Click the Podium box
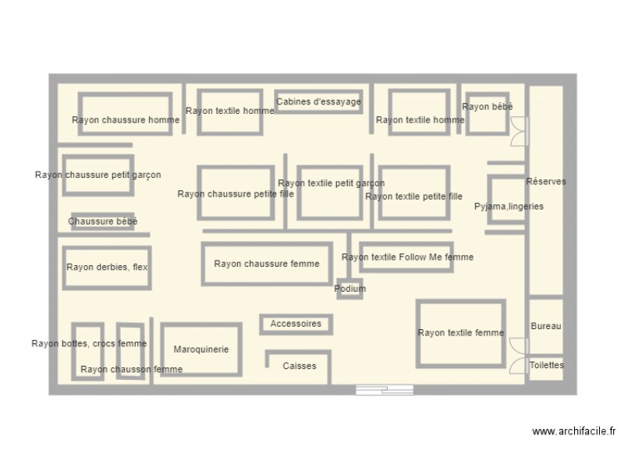(x=350, y=289)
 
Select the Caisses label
(x=300, y=366)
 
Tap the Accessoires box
(x=296, y=324)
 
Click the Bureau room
(x=546, y=326)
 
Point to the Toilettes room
(x=546, y=365)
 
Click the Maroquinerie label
(x=201, y=349)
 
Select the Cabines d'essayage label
(x=319, y=101)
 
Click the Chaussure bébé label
(x=103, y=222)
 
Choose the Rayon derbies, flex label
(x=107, y=267)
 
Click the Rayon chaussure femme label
(x=267, y=264)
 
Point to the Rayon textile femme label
(x=461, y=333)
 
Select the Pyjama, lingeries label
(x=509, y=207)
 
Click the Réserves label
(x=546, y=181)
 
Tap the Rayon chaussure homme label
(x=126, y=120)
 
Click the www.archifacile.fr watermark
(x=574, y=431)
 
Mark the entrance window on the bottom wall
(x=384, y=389)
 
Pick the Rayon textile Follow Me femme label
(x=407, y=257)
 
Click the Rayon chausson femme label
(x=131, y=369)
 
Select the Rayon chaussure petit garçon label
(x=98, y=175)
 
